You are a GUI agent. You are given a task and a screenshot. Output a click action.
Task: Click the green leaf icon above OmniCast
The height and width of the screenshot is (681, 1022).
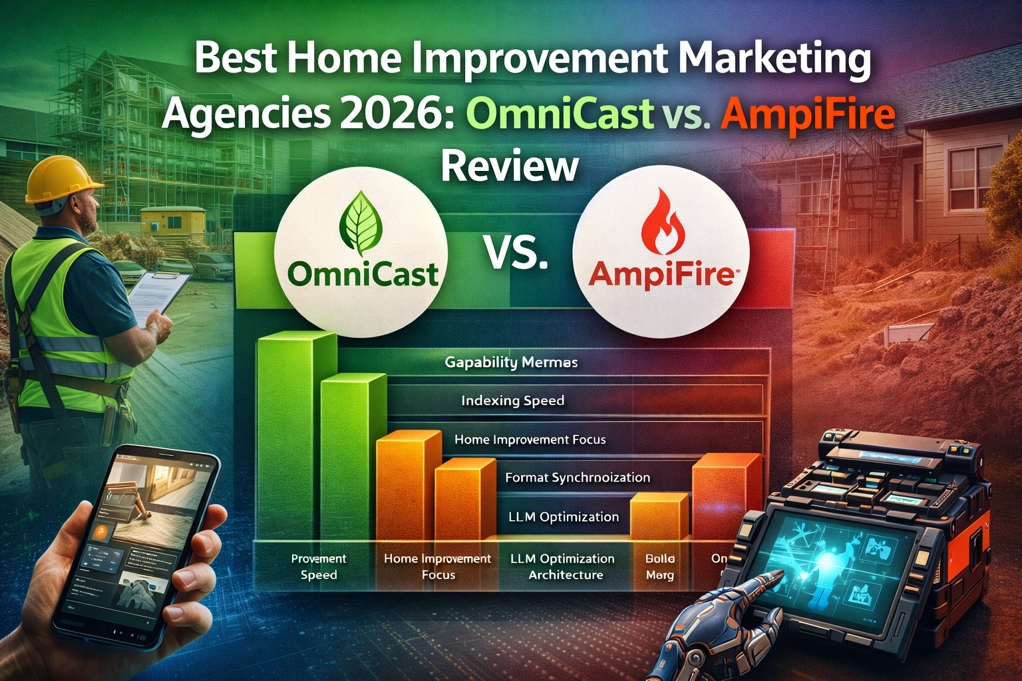coord(361,223)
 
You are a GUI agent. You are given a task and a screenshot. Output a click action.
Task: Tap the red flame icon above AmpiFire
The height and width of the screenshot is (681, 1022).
coord(662,223)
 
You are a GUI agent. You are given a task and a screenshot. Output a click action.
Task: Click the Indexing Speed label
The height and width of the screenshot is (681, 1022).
coord(512,400)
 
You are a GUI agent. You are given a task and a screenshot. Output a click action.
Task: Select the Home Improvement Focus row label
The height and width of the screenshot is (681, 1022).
coord(530,440)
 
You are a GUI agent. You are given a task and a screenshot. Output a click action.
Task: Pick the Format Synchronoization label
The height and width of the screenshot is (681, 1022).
coord(577,477)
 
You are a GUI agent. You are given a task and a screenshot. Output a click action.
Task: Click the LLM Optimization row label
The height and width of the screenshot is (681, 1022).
coord(563,517)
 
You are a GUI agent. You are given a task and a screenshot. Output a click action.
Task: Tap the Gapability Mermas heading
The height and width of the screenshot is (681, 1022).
coord(511,362)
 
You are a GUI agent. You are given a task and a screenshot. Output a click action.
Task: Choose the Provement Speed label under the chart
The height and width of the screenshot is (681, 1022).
coord(319,567)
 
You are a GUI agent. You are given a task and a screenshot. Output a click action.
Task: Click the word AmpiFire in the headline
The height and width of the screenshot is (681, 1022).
coord(807,114)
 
